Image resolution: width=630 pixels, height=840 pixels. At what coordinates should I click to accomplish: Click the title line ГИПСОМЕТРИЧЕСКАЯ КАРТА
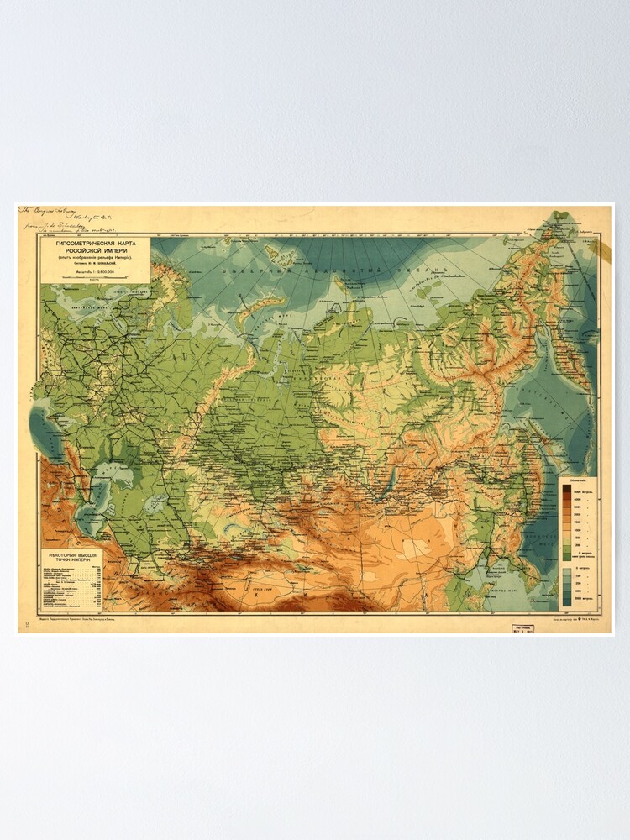93,242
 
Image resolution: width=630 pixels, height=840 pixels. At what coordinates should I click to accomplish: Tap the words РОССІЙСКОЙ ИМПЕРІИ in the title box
93,249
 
